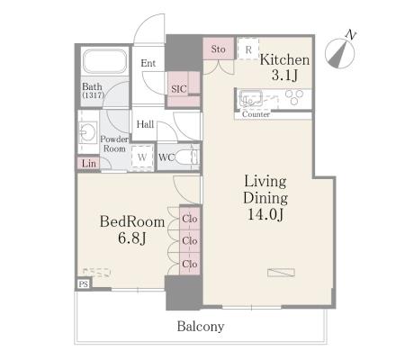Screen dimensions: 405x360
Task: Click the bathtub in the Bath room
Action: pos(104,61)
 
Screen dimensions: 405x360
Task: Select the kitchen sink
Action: pos(251,98)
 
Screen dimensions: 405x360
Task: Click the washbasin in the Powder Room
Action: pos(87,131)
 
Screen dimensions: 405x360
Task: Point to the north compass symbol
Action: pos(340,53)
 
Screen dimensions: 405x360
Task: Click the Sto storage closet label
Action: pos(218,49)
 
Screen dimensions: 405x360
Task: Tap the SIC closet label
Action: pos(179,89)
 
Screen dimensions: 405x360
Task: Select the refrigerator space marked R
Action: pos(248,49)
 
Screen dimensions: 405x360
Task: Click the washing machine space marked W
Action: pos(142,157)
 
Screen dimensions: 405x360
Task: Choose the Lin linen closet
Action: pos(88,164)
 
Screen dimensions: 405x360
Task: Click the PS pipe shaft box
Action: pos(84,283)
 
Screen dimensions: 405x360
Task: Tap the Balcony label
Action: pos(201,327)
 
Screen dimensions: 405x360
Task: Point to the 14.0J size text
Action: pos(265,214)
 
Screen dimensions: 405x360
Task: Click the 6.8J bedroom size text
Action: pos(131,238)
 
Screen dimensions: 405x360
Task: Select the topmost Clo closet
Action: pos(190,219)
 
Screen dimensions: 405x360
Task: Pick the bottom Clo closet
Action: pos(190,264)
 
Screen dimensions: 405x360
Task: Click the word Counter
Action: pos(256,114)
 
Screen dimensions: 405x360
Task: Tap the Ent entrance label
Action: pos(148,63)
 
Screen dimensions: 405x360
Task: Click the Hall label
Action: pos(145,124)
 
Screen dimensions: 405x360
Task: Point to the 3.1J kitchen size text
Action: pos(284,75)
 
